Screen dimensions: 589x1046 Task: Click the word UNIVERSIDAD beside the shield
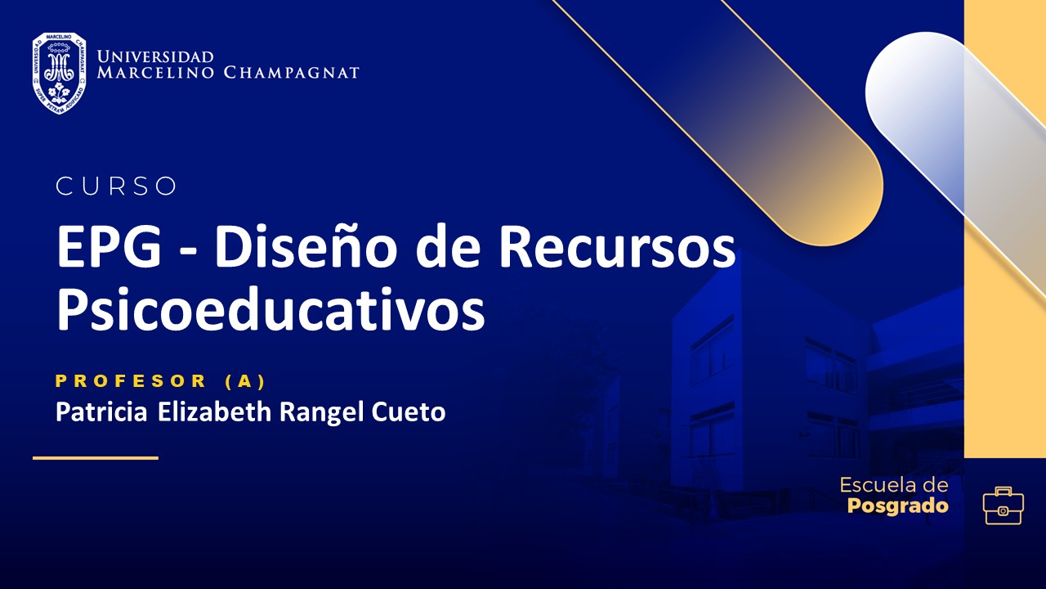(x=155, y=56)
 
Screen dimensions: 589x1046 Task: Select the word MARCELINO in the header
(x=156, y=73)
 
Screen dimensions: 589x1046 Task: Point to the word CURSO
(x=116, y=187)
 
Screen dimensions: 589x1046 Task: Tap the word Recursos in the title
(x=617, y=248)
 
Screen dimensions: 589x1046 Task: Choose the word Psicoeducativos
(x=270, y=310)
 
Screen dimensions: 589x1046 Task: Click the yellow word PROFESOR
(x=132, y=380)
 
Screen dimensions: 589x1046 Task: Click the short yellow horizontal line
(x=95, y=458)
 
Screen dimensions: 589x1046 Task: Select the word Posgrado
(x=898, y=506)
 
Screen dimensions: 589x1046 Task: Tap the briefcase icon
(x=1003, y=506)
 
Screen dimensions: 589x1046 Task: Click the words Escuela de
(x=894, y=485)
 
